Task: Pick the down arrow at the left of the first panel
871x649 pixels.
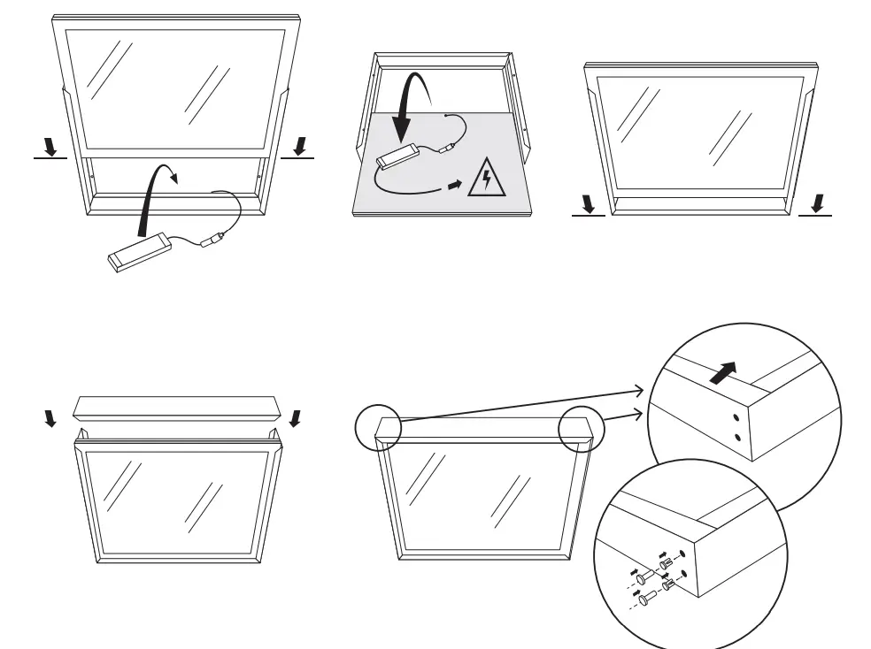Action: tap(50, 146)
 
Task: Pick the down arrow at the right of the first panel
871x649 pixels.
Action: tap(300, 145)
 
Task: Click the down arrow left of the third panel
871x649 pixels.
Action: tap(588, 204)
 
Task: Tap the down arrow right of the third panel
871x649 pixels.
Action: tap(816, 204)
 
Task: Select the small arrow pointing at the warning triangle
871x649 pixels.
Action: tap(454, 186)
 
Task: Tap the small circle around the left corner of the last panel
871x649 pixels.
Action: tap(378, 429)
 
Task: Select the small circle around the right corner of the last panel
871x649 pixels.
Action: tap(581, 429)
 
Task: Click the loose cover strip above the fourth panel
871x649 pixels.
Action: tap(178, 408)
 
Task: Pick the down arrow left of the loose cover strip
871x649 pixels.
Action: tap(48, 417)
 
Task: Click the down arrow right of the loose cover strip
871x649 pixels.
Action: tap(295, 416)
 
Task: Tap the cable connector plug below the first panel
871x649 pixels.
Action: tap(212, 240)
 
